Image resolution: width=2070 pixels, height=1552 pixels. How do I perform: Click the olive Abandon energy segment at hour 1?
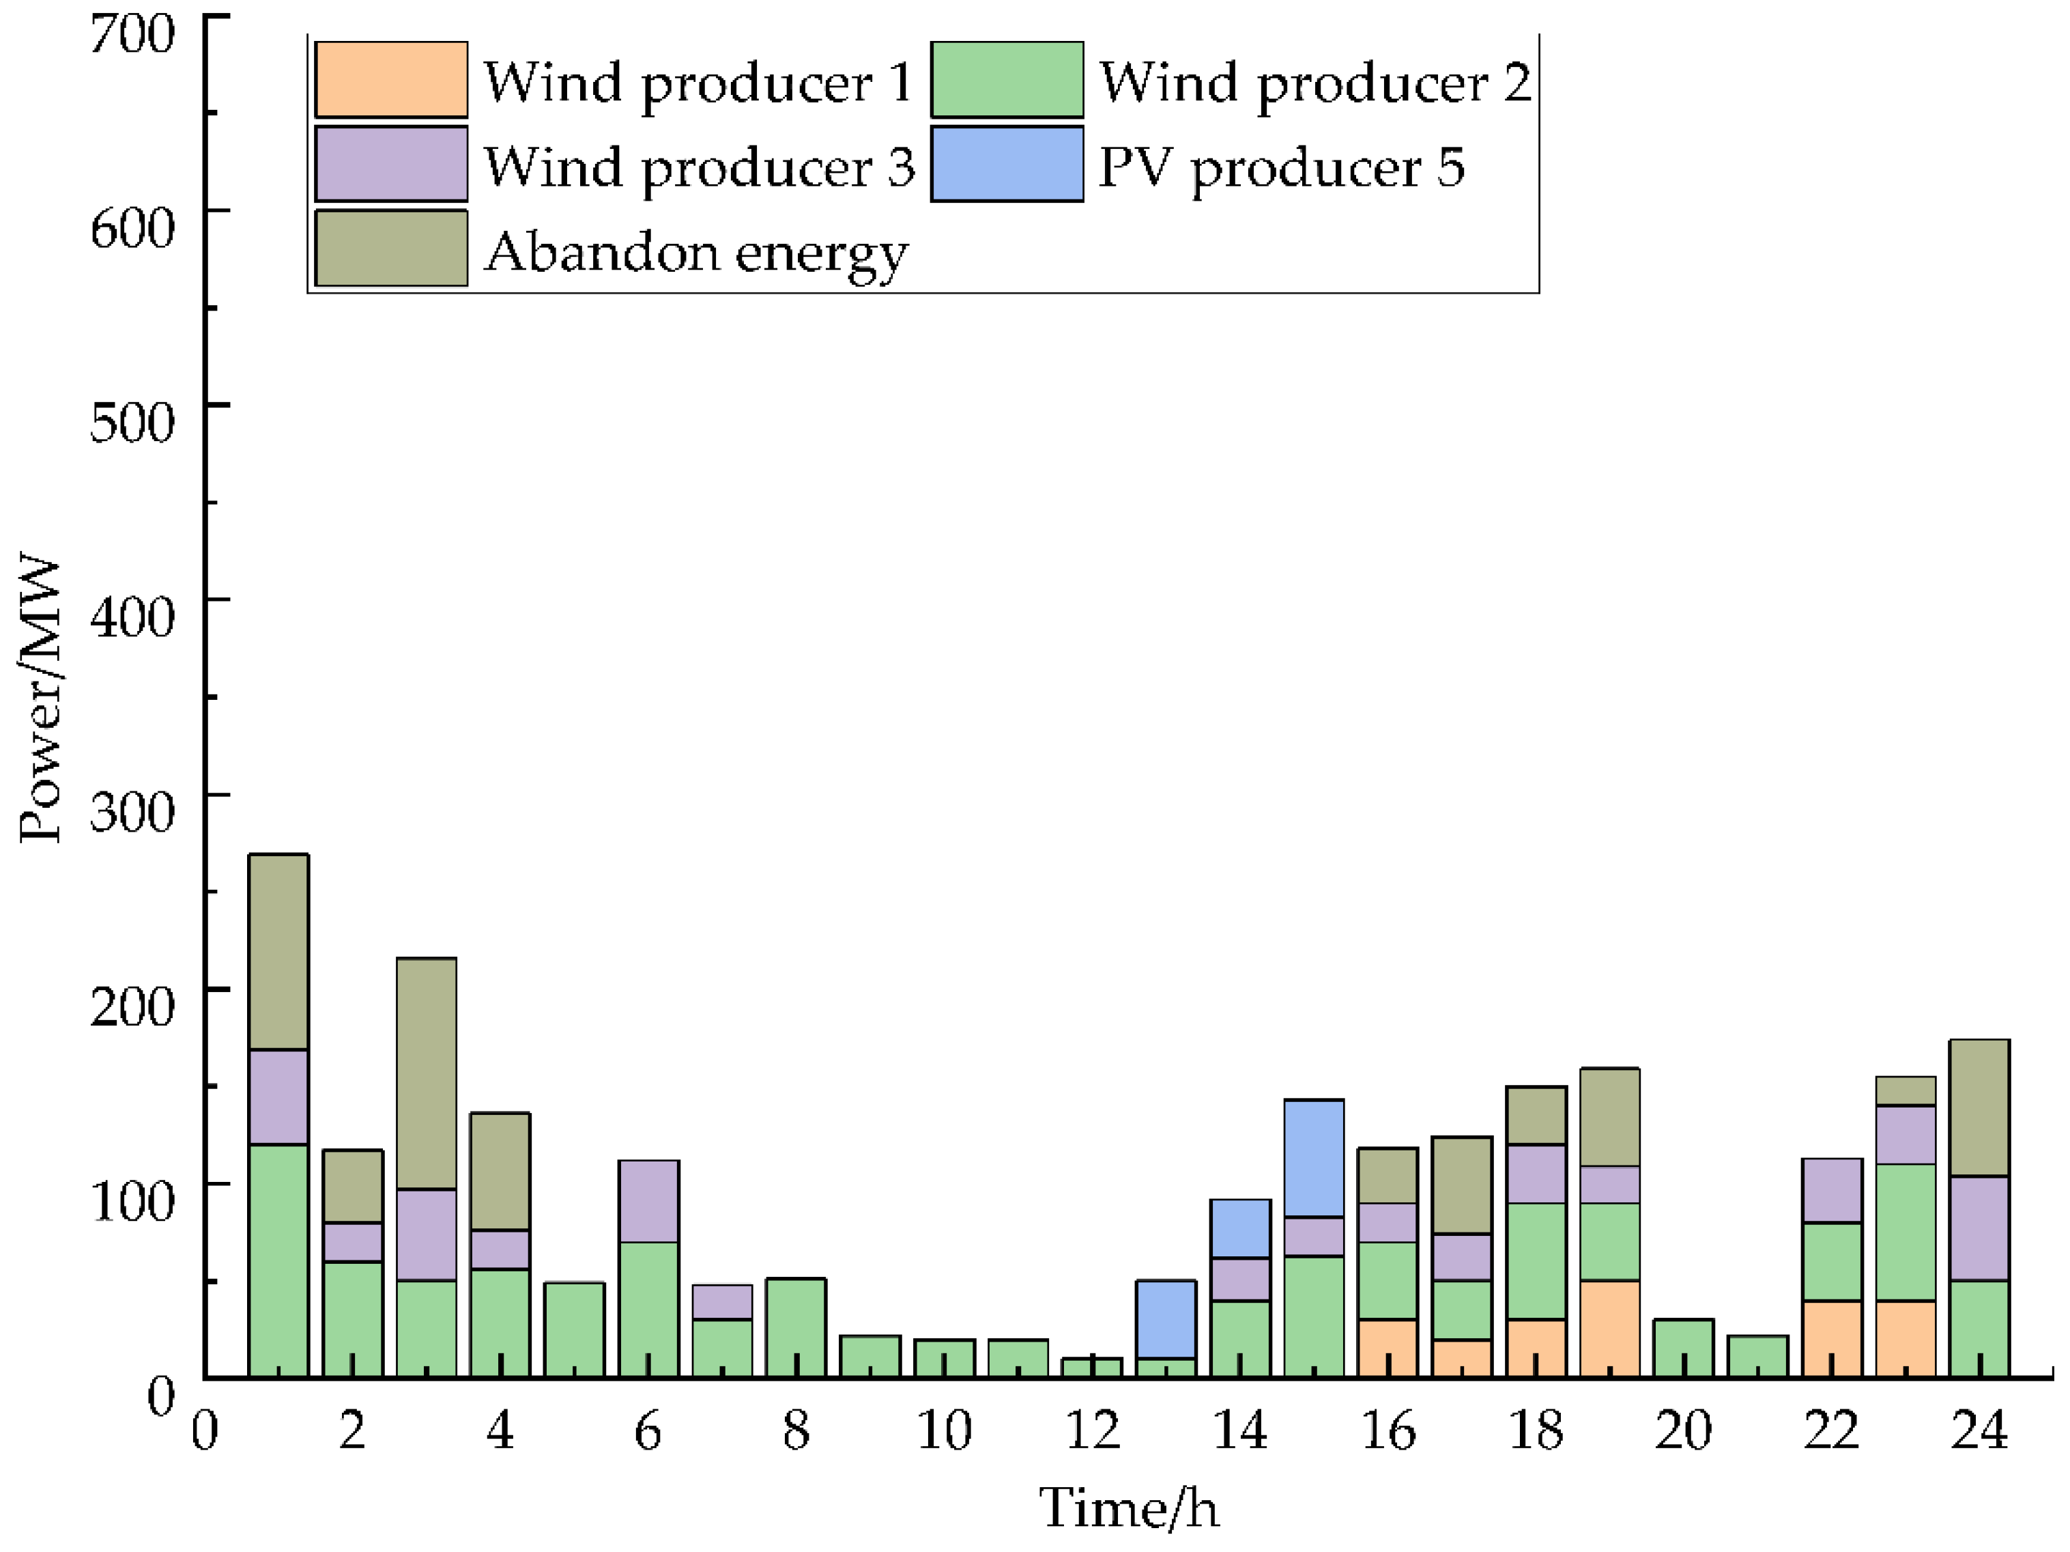point(278,951)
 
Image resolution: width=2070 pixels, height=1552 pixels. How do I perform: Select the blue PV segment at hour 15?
point(1314,1158)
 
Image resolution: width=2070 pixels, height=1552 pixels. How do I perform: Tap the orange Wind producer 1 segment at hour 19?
point(1609,1327)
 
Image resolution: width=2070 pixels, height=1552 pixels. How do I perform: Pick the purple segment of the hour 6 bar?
point(648,1201)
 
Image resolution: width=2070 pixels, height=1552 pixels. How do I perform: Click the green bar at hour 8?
point(795,1327)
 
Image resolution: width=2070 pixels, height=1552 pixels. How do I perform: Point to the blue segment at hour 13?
point(1165,1318)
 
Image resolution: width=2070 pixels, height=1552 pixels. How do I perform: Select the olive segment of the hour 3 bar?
point(426,1073)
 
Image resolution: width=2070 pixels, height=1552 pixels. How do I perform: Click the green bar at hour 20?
point(1684,1347)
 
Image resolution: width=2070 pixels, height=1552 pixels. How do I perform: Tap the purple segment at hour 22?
point(1831,1189)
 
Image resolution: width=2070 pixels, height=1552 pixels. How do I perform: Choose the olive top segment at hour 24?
point(1979,1107)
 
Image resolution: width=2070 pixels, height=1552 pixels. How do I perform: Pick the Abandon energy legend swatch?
point(391,247)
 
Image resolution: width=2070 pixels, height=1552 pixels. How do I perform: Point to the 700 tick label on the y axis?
point(132,35)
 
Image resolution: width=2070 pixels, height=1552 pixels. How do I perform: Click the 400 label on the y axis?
point(132,617)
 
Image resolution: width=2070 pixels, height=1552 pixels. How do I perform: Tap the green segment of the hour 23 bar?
point(1906,1232)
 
